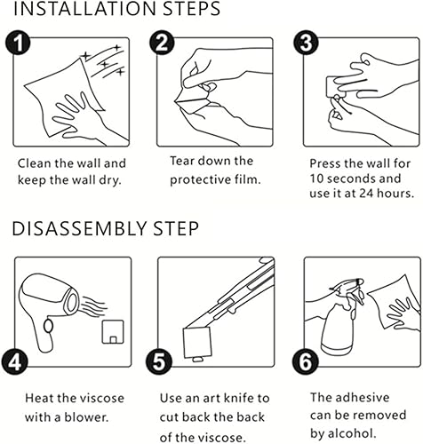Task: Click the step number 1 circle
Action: click(18, 44)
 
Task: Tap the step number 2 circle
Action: click(162, 44)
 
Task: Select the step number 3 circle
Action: click(307, 44)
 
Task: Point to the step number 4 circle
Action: click(14, 361)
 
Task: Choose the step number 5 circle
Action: click(159, 361)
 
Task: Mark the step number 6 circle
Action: click(306, 361)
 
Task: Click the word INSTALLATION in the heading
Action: click(84, 9)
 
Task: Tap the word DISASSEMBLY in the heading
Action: click(79, 228)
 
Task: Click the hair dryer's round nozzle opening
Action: click(71, 302)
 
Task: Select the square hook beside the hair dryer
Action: click(113, 332)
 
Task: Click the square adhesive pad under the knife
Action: click(197, 343)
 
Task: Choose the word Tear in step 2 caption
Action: click(182, 161)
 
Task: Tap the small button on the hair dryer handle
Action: click(48, 326)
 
